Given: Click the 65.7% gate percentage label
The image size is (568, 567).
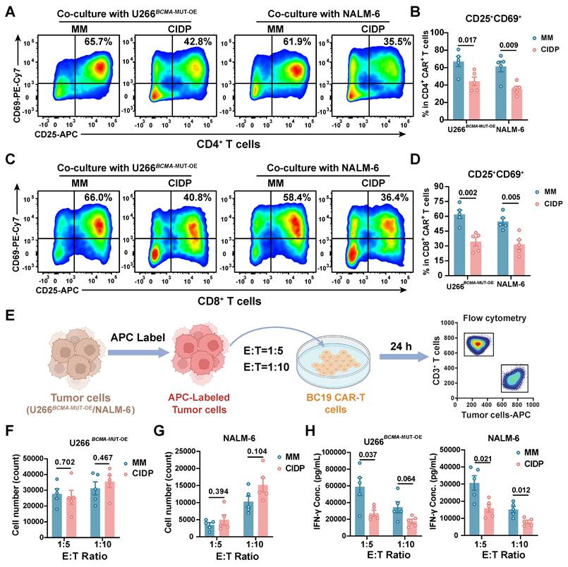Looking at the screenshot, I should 99,42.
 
